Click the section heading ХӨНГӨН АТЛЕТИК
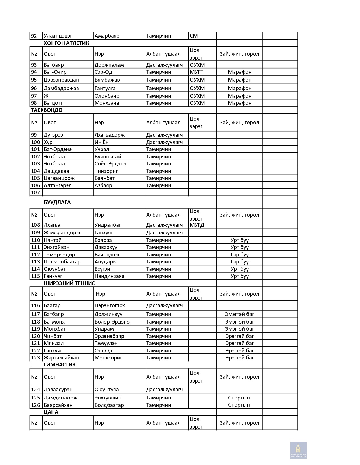pos(66,43)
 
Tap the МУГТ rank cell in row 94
pos(197,72)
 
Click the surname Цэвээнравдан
pos(61,80)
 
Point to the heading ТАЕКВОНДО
pos(47,110)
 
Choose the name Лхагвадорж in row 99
pos(110,135)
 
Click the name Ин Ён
pos(102,142)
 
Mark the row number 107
pos(36,193)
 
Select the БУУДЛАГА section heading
pos(57,202)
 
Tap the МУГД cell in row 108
pos(197,225)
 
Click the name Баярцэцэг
pos(107,255)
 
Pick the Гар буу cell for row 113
pos(239,262)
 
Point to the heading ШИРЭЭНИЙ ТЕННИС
pos(69,283)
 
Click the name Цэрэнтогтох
pos(110,305)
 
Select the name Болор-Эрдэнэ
pos(112,322)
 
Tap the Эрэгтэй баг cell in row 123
pos(239,358)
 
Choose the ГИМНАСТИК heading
pos(60,365)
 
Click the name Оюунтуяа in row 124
pos(106,390)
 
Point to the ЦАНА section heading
pos(51,412)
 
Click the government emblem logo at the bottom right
pos(298,450)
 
